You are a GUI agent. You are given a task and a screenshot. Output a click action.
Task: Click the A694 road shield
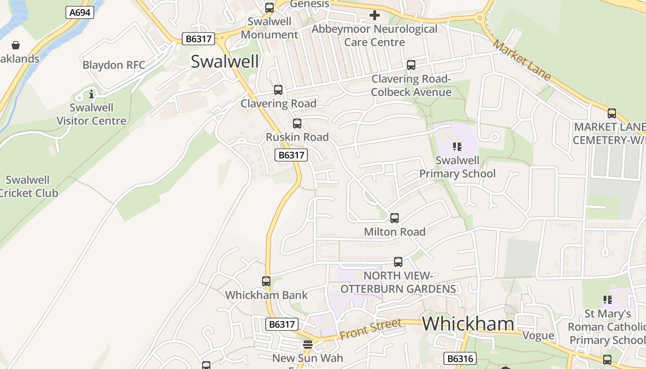click(80, 12)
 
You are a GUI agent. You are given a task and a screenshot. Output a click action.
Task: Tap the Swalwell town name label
click(225, 61)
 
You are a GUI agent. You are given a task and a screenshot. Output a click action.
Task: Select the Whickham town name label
click(468, 324)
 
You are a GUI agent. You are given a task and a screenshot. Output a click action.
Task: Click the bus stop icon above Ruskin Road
click(297, 124)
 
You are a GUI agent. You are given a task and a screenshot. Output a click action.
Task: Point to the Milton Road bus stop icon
click(395, 218)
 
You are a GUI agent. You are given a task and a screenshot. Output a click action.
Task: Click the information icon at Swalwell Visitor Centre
click(91, 95)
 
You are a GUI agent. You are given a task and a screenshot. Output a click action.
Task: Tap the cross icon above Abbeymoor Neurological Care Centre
click(375, 16)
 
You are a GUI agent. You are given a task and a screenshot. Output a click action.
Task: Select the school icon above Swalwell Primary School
click(457, 147)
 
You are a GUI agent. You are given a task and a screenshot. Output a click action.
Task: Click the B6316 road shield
click(460, 358)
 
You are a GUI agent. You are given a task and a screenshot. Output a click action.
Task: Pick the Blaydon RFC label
click(114, 65)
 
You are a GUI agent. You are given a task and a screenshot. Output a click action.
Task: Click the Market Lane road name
click(521, 60)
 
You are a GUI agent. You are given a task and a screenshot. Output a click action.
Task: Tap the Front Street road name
click(370, 329)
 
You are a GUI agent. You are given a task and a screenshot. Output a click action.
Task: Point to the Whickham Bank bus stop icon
click(266, 281)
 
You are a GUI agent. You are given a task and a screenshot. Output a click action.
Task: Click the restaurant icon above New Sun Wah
click(308, 345)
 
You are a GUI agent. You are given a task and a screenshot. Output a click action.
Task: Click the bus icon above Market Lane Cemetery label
click(612, 113)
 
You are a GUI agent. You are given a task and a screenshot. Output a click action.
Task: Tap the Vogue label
click(538, 335)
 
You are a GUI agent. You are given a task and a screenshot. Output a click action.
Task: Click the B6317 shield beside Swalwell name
click(199, 39)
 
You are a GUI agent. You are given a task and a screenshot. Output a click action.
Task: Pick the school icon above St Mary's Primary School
click(608, 300)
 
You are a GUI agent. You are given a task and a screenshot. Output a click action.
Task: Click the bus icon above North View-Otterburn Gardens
click(398, 262)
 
